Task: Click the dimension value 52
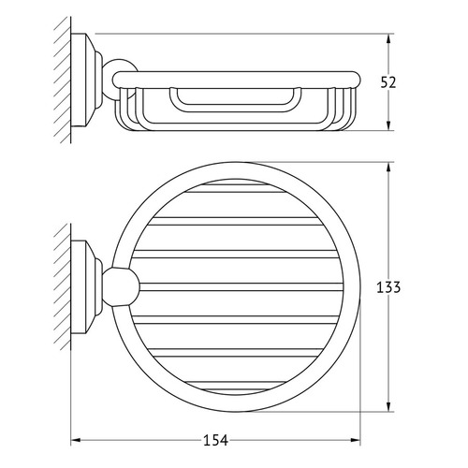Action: (x=388, y=82)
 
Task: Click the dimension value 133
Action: (x=388, y=287)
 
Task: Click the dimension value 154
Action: (x=215, y=441)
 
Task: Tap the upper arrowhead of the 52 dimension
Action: (x=388, y=39)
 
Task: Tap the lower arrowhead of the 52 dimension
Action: (x=388, y=124)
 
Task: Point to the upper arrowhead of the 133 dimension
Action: (x=388, y=168)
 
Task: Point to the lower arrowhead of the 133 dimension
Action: (x=388, y=406)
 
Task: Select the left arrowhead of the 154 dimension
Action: (x=76, y=440)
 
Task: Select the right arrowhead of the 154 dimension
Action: (x=355, y=440)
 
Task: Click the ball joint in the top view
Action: (x=121, y=286)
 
